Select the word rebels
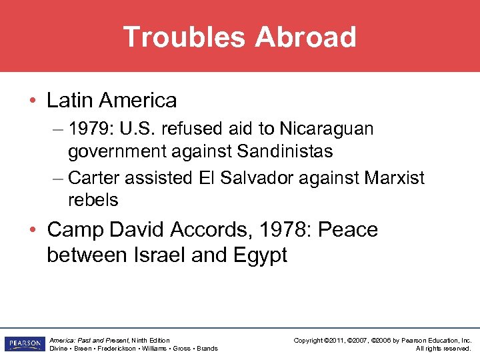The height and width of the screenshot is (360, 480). [x=93, y=199]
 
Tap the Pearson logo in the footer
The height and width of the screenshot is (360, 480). [x=23, y=344]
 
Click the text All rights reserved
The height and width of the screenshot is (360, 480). [x=443, y=349]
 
